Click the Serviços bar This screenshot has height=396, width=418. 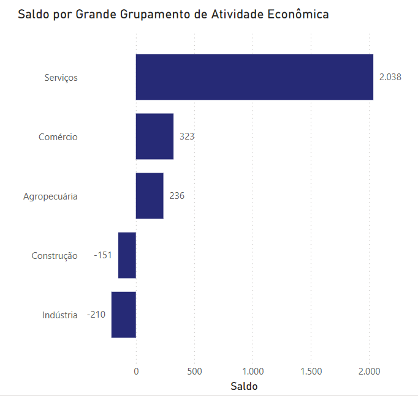tap(254, 77)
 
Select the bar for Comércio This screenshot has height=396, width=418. tap(154, 136)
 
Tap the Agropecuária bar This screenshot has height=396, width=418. tap(150, 196)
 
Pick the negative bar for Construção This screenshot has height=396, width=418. tap(127, 255)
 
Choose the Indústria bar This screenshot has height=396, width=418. tap(123, 315)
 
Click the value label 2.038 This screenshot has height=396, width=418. tap(390, 77)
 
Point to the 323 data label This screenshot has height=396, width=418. tap(187, 136)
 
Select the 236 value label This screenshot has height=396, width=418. tap(177, 196)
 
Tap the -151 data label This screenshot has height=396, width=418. tap(103, 255)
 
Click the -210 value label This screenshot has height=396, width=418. tap(96, 315)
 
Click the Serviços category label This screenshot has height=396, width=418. tap(61, 78)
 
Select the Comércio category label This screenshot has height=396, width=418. tap(58, 137)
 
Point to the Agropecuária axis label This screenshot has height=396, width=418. tap(50, 196)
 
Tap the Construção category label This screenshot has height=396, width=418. tap(55, 256)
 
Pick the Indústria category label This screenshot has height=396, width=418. tap(59, 315)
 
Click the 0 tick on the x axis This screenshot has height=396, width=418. tap(136, 371)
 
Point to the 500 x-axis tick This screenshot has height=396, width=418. tap(194, 371)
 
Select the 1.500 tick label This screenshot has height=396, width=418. tap(311, 371)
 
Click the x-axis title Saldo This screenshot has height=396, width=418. tap(244, 386)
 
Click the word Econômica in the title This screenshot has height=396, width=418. tap(298, 14)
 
